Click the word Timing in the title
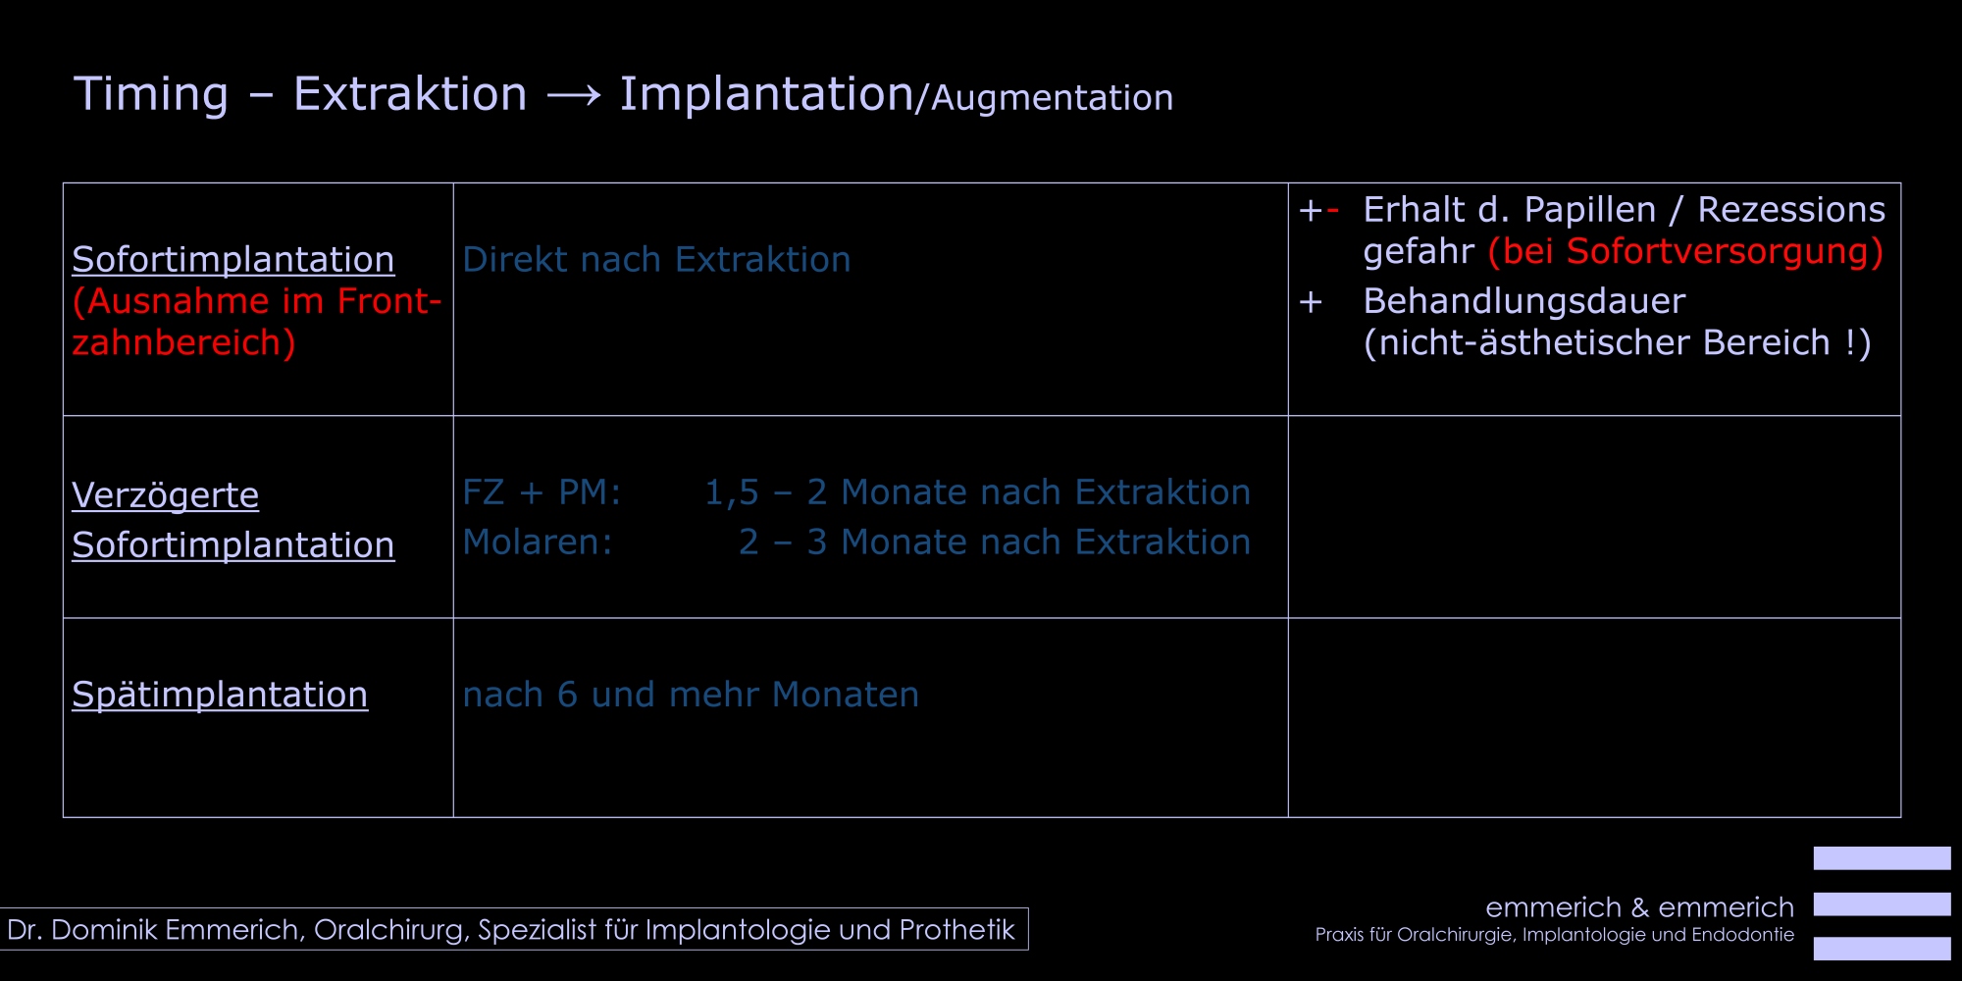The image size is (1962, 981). pyautogui.click(x=151, y=95)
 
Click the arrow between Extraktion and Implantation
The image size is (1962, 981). pyautogui.click(x=574, y=95)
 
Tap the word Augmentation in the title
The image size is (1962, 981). pyautogui.click(x=1052, y=98)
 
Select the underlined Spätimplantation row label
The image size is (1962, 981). pyautogui.click(x=220, y=695)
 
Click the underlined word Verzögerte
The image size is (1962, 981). pyautogui.click(x=165, y=495)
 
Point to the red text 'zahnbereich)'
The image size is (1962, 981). pyautogui.click(x=183, y=342)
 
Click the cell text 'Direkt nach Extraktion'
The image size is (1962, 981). pyautogui.click(x=656, y=260)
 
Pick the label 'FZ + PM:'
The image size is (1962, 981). pyautogui.click(x=542, y=492)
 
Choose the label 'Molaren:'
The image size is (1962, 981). pyautogui.click(x=538, y=542)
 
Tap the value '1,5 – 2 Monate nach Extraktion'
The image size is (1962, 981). pyautogui.click(x=977, y=492)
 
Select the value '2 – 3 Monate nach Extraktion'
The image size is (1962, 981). pyautogui.click(x=995, y=542)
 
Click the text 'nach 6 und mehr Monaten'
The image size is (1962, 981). pyautogui.click(x=691, y=695)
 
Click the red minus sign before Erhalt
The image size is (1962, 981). pyautogui.click(x=1332, y=210)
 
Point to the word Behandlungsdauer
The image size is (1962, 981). pyautogui.click(x=1524, y=301)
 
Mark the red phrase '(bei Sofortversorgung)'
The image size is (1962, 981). pyautogui.click(x=1685, y=252)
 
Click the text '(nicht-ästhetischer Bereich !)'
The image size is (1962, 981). pyautogui.click(x=1618, y=343)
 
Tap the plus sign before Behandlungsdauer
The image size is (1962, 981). pyautogui.click(x=1311, y=302)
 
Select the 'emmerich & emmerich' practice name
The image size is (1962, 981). pyautogui.click(x=1639, y=907)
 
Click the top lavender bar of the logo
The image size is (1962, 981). pyautogui.click(x=1882, y=858)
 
